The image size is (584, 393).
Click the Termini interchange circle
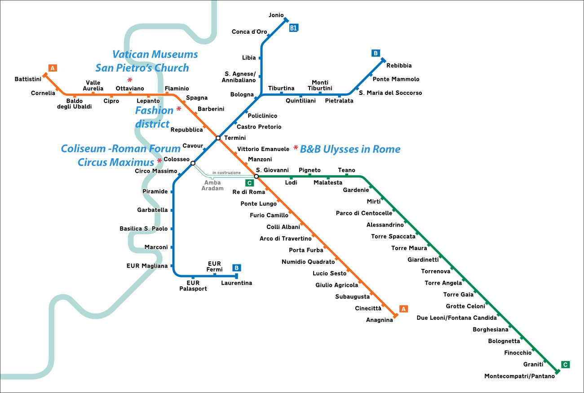[x=218, y=138]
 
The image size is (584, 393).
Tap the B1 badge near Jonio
[x=294, y=28]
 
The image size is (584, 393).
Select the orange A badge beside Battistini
[x=53, y=68]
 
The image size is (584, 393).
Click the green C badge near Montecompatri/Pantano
[x=566, y=365]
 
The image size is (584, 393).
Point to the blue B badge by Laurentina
[x=237, y=268]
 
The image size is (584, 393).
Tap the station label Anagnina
[x=379, y=320]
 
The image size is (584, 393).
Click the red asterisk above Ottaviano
[x=130, y=80]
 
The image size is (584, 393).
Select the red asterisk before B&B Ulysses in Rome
[x=296, y=148]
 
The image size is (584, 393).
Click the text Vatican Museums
[x=155, y=54]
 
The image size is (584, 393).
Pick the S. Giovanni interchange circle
[x=256, y=176]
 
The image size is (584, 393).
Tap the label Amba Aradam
[x=212, y=185]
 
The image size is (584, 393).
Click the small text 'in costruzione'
[x=226, y=173]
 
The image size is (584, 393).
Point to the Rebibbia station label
[x=399, y=66]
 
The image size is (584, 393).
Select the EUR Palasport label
[x=193, y=286]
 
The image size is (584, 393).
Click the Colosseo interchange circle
[x=193, y=163]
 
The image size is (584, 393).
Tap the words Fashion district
[x=154, y=117]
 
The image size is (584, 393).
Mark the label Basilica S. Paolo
[x=143, y=229]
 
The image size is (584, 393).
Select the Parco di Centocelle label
[x=364, y=213]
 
